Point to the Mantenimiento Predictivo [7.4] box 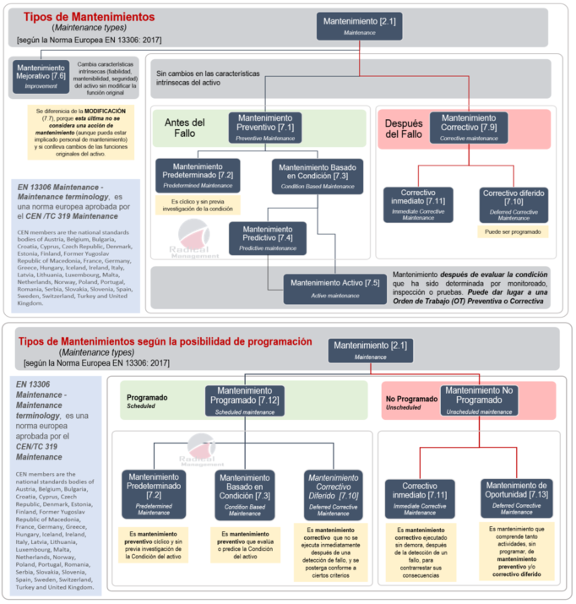(269, 237)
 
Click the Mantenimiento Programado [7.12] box (244, 400)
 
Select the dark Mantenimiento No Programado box (479, 400)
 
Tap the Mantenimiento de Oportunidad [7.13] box (517, 498)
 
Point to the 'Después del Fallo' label (404, 128)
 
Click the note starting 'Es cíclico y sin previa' (197, 204)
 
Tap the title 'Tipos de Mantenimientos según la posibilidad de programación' (166, 342)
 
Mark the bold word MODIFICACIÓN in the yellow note (104, 111)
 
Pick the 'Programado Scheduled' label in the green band (148, 400)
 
